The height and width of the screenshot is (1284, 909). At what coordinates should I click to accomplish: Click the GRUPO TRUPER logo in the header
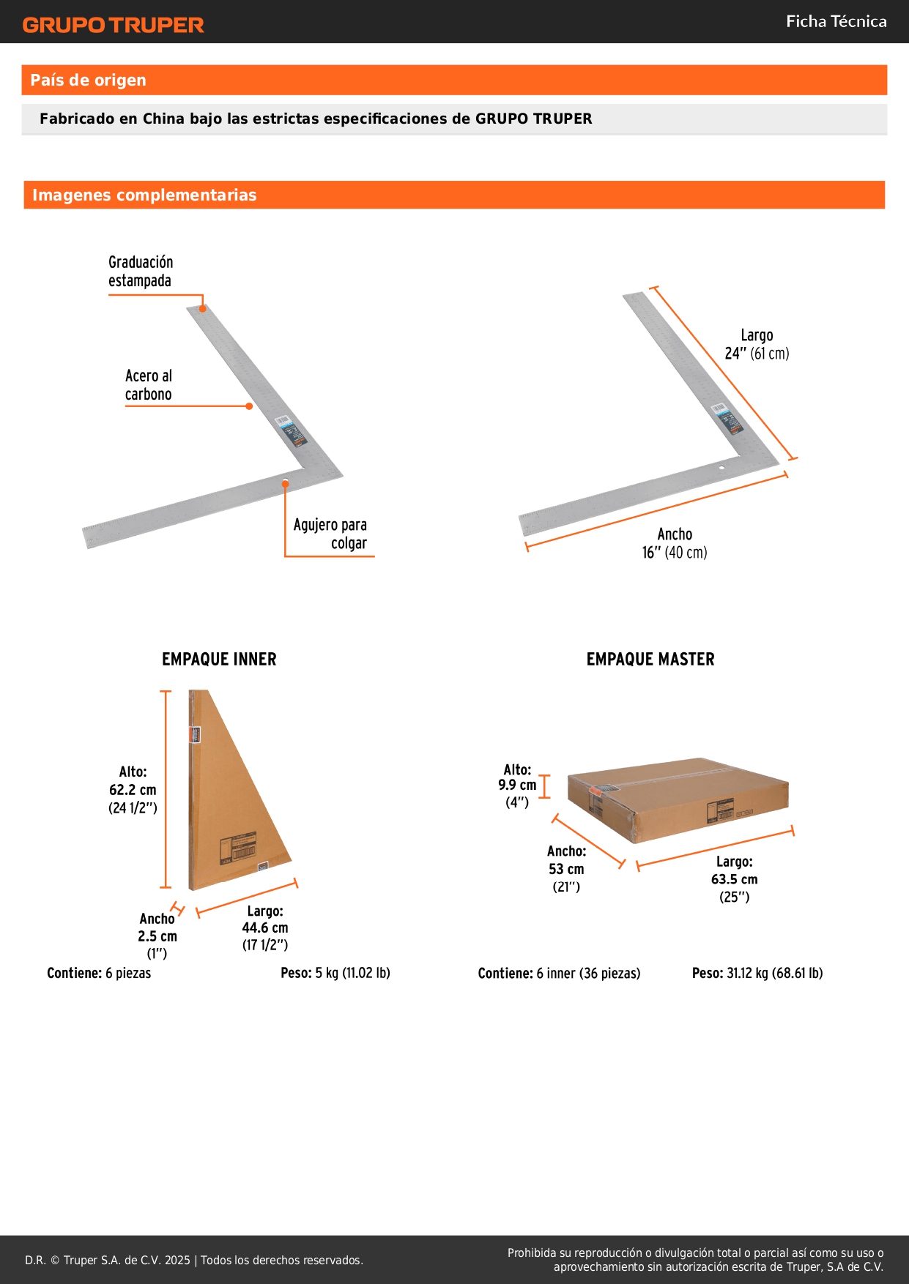tap(114, 25)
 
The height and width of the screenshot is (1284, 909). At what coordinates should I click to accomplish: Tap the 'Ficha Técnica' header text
tap(836, 21)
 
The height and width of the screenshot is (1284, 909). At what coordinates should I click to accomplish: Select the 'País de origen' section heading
tap(88, 80)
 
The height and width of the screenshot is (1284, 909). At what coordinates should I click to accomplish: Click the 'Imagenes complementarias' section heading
tap(144, 195)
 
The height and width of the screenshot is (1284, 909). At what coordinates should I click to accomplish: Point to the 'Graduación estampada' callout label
tap(141, 272)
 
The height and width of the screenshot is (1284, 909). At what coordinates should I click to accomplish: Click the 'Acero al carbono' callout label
tap(149, 385)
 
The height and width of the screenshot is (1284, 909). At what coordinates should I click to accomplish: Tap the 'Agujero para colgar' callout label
tap(330, 534)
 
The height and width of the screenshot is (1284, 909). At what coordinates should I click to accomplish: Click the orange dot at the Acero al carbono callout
tap(249, 406)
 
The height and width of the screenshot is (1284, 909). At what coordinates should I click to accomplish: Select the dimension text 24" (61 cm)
tap(757, 354)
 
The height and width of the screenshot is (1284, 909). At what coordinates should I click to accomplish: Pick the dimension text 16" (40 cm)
tap(675, 553)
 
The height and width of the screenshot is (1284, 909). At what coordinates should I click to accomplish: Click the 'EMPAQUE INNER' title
tap(219, 660)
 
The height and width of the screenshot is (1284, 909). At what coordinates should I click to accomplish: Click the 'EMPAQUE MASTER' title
tap(650, 660)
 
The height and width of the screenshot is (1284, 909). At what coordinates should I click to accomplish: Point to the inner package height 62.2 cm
tap(133, 790)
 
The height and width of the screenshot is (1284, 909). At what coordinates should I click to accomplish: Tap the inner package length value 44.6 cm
tap(265, 927)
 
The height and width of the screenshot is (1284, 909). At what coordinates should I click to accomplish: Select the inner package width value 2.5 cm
tap(157, 936)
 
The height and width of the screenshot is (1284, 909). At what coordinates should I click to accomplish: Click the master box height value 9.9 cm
tap(517, 785)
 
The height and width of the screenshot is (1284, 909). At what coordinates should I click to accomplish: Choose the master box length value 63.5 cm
tap(735, 879)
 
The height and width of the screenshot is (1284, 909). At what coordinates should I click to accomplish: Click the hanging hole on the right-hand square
tap(721, 468)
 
